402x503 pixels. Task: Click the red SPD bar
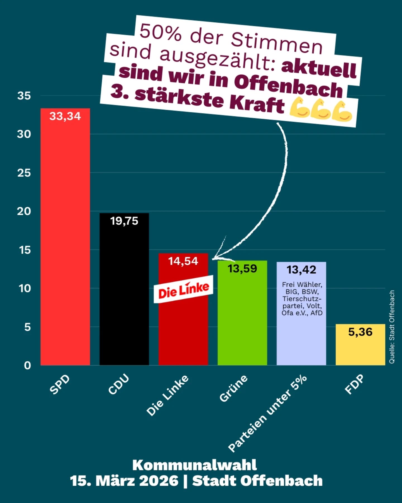[65, 238]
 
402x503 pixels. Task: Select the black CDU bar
[124, 293]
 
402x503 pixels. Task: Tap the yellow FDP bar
[360, 349]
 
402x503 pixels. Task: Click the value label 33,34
[65, 116]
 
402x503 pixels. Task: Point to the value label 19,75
[124, 221]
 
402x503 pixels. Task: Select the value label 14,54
[183, 261]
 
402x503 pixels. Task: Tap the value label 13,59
[242, 269]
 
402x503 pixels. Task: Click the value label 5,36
[360, 332]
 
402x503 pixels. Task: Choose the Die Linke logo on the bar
[183, 290]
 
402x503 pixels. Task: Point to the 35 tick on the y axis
[24, 96]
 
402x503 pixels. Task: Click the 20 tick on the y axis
[24, 211]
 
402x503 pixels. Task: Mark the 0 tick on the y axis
[27, 365]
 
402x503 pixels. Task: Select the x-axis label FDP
[355, 385]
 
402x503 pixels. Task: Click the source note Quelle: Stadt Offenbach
[392, 327]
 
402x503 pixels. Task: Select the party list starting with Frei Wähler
[302, 299]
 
